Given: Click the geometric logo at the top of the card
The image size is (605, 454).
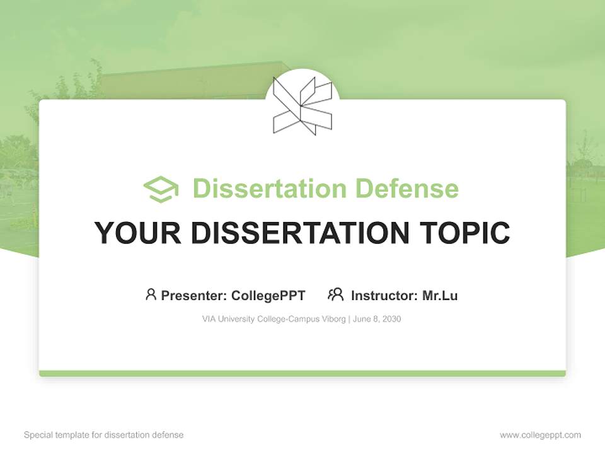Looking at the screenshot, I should (302, 106).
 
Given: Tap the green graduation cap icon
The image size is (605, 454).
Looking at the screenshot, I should (161, 189).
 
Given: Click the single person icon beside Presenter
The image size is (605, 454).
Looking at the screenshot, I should (151, 294).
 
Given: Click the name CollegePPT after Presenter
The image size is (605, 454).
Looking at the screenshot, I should (268, 295).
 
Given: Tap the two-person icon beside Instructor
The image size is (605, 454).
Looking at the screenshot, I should (335, 294).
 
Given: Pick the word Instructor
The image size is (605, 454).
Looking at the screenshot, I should (383, 295).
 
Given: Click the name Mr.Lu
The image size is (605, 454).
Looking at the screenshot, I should (440, 295).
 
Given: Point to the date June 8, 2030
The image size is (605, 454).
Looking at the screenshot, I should (377, 319).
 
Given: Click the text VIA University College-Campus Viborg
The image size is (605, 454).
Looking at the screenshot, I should (274, 319).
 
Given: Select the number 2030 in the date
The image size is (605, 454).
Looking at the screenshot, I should (391, 319).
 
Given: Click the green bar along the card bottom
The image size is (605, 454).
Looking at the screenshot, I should (302, 373).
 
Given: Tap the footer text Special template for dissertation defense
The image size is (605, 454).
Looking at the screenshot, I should (104, 435).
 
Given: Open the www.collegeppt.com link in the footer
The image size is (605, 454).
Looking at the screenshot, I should (540, 435).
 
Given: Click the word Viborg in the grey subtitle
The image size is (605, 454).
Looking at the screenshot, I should (332, 319).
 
